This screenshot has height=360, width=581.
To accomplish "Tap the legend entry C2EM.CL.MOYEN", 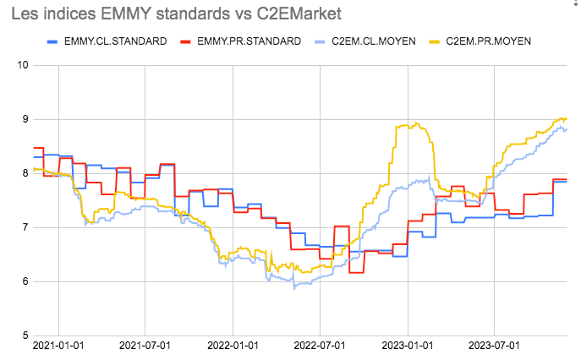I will [372, 41].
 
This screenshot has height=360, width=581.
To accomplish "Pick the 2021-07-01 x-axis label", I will [145, 346].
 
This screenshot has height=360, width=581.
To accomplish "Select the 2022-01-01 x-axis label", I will [233, 346].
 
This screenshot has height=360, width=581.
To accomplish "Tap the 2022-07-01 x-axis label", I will [320, 346].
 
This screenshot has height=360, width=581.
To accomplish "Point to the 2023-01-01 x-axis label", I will [408, 346].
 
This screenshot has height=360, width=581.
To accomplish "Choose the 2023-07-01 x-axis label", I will [495, 346].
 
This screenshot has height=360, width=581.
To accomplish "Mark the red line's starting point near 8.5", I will [35, 148].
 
